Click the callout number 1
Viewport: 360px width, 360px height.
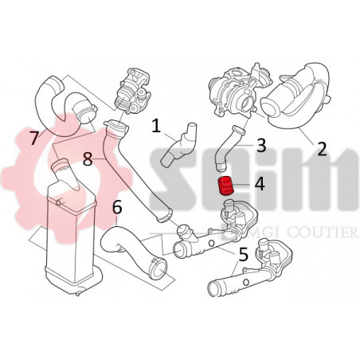coord(157,124)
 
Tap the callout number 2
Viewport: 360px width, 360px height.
coord(321,147)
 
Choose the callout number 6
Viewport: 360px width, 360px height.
coord(118,209)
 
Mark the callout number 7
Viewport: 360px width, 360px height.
coord(33,137)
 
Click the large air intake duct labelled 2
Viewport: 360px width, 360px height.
coord(296,100)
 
